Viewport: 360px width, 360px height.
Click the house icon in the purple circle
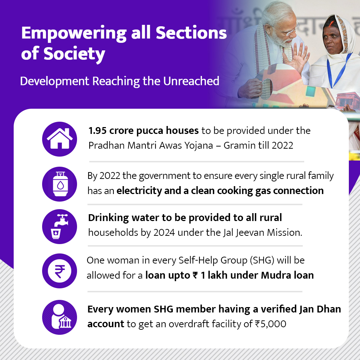[60, 139]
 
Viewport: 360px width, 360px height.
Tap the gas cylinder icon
[60, 184]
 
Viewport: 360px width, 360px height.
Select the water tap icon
[59, 226]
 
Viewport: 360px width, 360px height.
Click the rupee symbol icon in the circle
[60, 271]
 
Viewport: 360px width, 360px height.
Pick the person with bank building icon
[61, 316]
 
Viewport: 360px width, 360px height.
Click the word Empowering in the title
[74, 33]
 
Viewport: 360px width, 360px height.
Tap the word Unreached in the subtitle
[191, 81]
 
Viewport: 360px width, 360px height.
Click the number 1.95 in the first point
[98, 131]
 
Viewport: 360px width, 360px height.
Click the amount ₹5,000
[271, 324]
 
